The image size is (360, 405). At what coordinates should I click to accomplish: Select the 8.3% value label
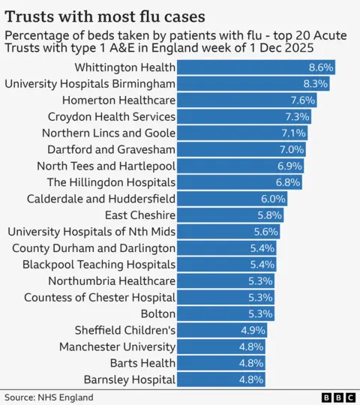(x=314, y=83)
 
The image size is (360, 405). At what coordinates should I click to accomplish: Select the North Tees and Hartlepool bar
(x=232, y=166)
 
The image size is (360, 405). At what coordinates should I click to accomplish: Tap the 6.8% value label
(x=288, y=182)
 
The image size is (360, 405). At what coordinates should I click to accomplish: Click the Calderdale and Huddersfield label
(x=101, y=199)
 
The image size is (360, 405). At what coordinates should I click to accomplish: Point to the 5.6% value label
(x=265, y=232)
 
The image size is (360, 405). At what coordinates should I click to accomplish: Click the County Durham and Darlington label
(x=94, y=248)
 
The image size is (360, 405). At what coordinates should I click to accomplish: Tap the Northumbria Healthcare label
(x=112, y=281)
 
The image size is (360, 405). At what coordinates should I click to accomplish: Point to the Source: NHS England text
(x=49, y=397)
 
